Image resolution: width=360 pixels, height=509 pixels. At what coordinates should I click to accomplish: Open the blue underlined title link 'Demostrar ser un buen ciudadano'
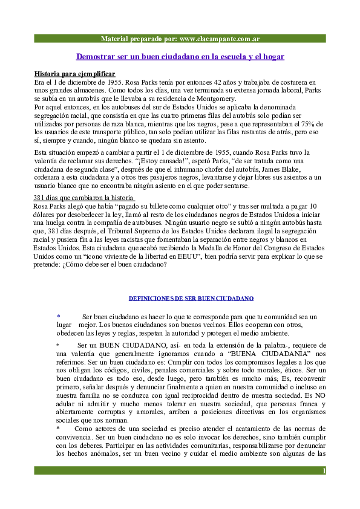point(180,56)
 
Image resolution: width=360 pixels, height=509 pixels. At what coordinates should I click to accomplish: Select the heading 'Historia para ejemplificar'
point(74,74)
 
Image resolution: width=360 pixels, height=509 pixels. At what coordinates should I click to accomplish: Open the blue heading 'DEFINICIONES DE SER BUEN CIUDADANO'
point(191,299)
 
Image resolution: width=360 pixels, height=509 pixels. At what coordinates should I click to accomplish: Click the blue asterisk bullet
point(58,316)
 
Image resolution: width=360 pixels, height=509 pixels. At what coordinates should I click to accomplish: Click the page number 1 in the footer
point(324,471)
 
